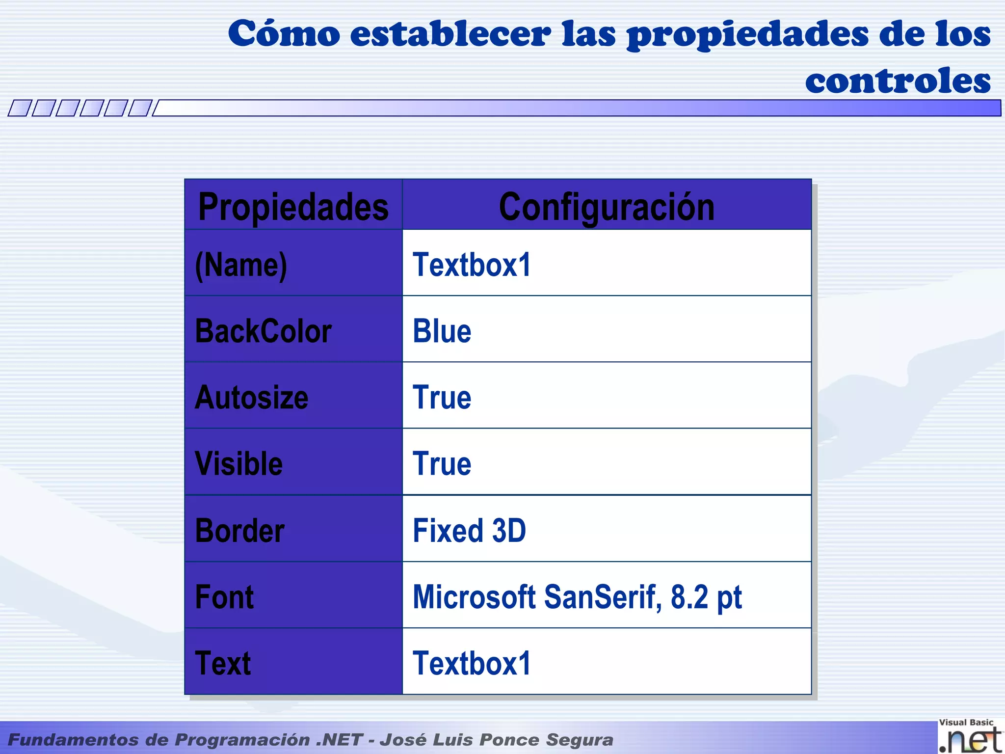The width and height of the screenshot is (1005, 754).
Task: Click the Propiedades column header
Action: coord(293,207)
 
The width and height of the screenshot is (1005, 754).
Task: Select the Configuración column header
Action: coord(607,207)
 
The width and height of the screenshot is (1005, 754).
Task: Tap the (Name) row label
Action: coord(241,265)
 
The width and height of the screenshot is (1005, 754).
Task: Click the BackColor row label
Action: coord(264,331)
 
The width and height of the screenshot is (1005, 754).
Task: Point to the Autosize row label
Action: coord(252,397)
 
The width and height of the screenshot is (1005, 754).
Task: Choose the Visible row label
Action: coord(239,463)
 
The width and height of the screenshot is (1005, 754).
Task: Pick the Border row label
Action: coord(240,531)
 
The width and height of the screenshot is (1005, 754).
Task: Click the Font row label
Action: coord(224,597)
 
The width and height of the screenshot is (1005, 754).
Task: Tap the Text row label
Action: coord(223,663)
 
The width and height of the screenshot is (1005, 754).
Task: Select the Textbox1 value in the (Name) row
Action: coord(472,265)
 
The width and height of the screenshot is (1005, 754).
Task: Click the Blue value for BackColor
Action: coord(442,331)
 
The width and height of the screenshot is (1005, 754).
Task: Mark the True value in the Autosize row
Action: coord(442,397)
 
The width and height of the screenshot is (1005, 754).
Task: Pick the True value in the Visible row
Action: coord(442,463)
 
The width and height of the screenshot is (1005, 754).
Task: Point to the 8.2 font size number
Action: coord(689,597)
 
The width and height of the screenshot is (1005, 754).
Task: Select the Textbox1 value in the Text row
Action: coord(472,663)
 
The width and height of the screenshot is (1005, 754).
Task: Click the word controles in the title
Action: coord(898,81)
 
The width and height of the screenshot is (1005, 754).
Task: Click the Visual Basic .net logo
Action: coord(970,736)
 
